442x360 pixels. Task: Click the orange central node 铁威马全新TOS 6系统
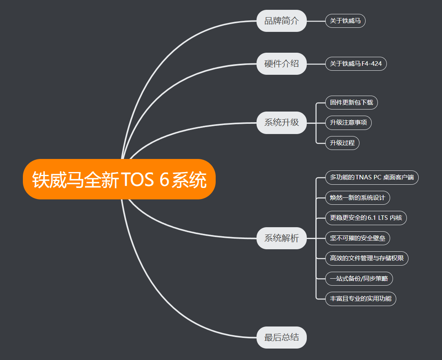[119, 179]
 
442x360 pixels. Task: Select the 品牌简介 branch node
[281, 21]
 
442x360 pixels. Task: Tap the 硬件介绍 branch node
[281, 64]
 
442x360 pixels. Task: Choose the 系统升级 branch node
[281, 123]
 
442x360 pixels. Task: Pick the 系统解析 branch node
[281, 238]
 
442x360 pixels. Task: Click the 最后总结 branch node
[281, 338]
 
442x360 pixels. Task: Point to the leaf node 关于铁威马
[345, 21]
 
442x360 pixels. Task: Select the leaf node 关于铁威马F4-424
[356, 64]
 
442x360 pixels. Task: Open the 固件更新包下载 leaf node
[351, 103]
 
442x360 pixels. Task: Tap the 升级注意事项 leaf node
[348, 123]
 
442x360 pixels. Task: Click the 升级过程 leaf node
[342, 143]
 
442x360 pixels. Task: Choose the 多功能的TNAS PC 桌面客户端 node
[372, 178]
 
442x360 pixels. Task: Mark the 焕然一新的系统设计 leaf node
[357, 198]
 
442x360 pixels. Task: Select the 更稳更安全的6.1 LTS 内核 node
[366, 218]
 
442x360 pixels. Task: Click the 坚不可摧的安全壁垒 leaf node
[357, 238]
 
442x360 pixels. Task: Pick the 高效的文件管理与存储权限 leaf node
[366, 258]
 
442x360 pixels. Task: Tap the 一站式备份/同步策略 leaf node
[359, 279]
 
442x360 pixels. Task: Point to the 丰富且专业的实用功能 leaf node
[360, 299]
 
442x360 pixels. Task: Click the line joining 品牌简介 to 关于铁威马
[316, 21]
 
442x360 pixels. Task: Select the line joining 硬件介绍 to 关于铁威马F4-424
[316, 64]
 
